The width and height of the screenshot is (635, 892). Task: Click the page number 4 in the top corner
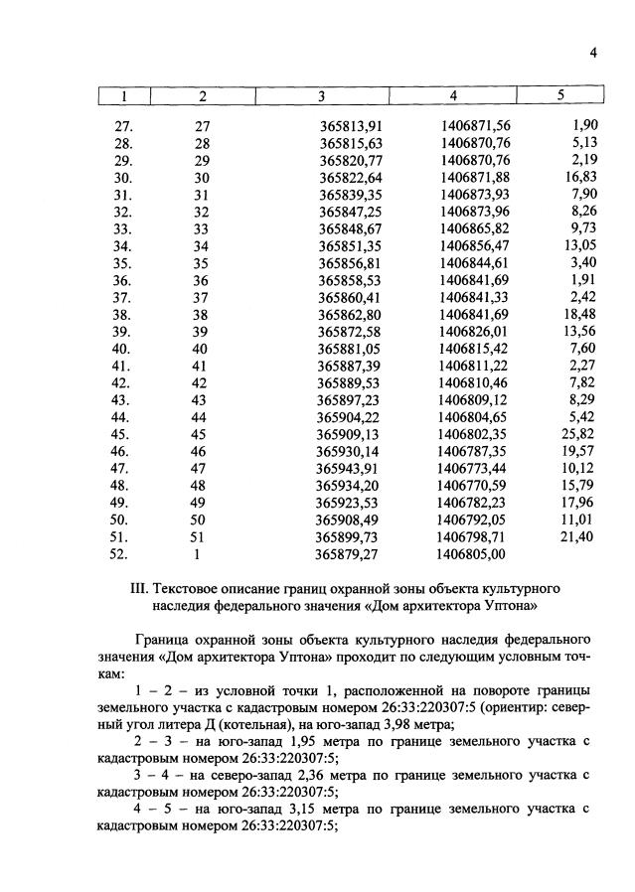coord(592,54)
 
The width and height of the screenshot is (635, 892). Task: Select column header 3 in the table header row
coord(321,96)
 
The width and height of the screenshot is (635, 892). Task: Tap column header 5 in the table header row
coord(560,96)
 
